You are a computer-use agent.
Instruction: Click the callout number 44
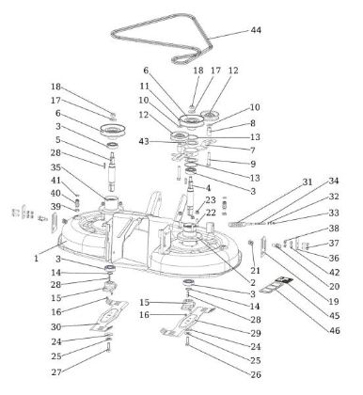tap(256, 30)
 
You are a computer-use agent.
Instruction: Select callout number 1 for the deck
tap(37, 259)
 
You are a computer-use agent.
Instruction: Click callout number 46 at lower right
tap(335, 331)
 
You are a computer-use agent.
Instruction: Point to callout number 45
tap(335, 315)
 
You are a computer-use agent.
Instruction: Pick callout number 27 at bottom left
tap(56, 372)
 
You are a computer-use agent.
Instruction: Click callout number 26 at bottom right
tap(256, 374)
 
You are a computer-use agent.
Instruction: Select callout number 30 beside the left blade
tap(56, 327)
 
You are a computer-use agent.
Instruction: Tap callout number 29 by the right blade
tap(256, 333)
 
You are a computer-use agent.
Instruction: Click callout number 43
tap(144, 141)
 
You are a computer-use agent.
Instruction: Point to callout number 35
tap(55, 167)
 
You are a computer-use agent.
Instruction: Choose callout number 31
tap(308, 182)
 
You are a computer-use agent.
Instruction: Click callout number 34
tap(334, 182)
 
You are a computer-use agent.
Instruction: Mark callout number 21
tap(256, 271)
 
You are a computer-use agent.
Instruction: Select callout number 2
tap(253, 283)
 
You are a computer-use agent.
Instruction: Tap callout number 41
tap(55, 181)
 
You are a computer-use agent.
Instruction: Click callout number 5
tap(58, 140)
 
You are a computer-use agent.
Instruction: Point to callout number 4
tap(208, 188)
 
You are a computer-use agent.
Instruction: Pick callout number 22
tap(211, 213)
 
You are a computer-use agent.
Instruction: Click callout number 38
tap(334, 229)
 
